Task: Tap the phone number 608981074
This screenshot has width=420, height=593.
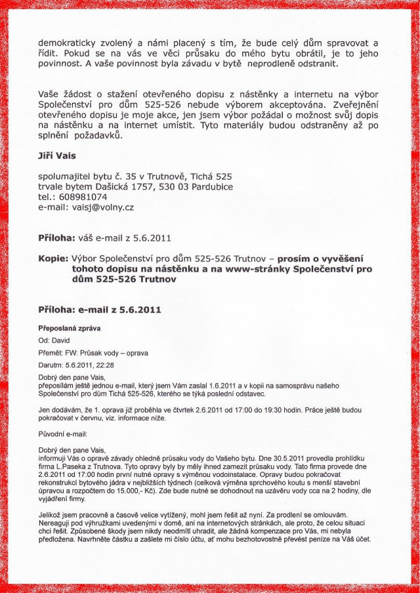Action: pos(82,196)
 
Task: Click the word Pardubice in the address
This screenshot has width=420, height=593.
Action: pos(208,186)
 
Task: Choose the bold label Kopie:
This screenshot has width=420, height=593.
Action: pos(53,259)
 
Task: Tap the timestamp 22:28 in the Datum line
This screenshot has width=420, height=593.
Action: pos(105,365)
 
